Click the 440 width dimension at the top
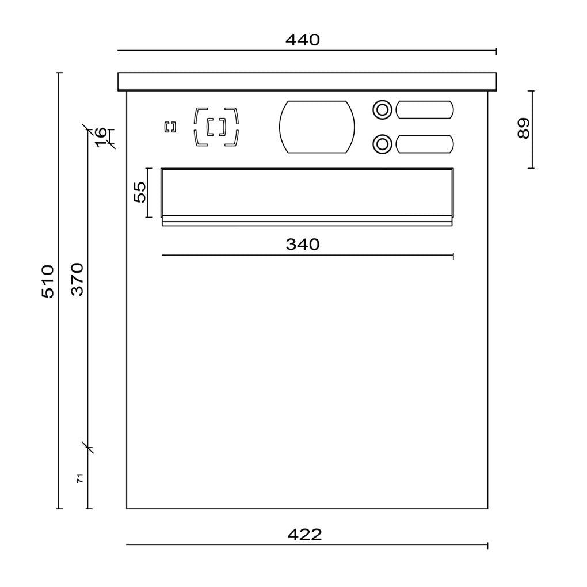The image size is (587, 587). click(x=303, y=40)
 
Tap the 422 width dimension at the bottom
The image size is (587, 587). click(x=304, y=535)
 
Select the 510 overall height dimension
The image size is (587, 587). click(x=48, y=281)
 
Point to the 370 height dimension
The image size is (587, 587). click(x=78, y=279)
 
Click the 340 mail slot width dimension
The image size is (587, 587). click(x=303, y=245)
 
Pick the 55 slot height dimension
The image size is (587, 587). click(x=140, y=192)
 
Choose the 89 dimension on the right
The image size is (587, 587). click(x=523, y=128)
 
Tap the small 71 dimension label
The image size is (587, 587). click(x=80, y=478)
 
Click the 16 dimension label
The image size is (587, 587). click(x=100, y=138)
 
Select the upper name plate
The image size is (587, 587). click(x=425, y=110)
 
